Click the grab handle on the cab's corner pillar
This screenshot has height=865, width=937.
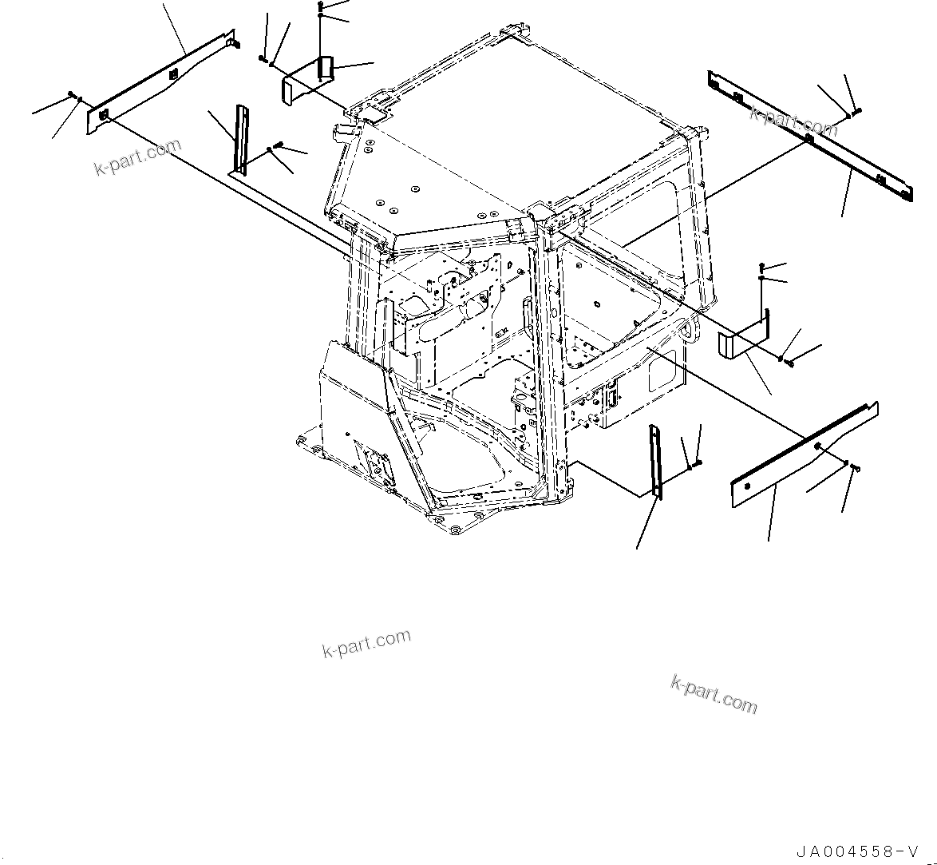(x=526, y=315)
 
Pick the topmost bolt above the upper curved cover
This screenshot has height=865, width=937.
(x=319, y=5)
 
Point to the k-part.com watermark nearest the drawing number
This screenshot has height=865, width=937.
(x=714, y=694)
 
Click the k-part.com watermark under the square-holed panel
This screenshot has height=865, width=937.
(x=137, y=157)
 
